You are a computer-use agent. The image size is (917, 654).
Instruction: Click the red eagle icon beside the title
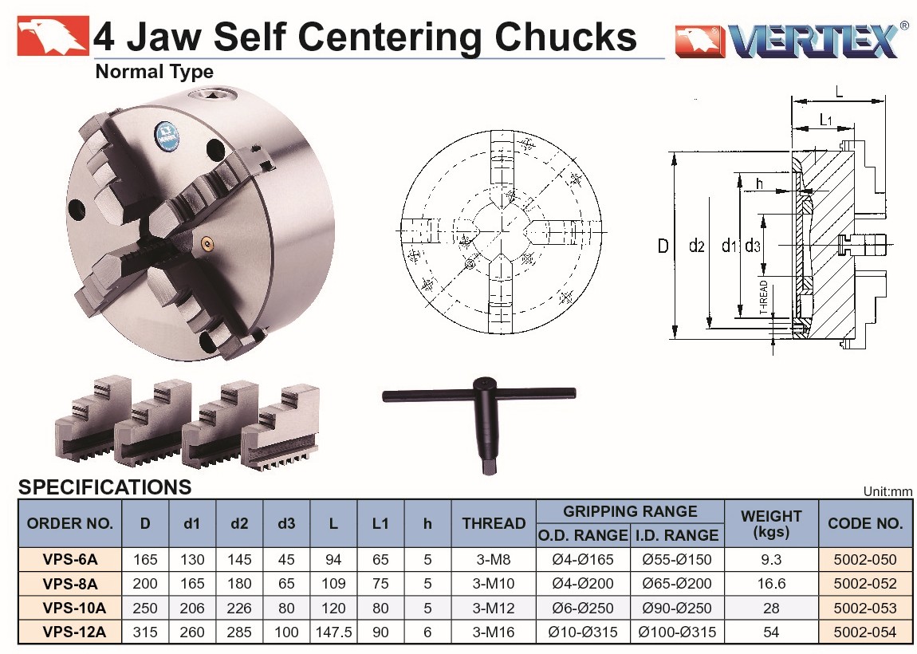pos(53,36)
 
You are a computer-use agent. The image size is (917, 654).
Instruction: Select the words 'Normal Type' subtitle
pos(155,71)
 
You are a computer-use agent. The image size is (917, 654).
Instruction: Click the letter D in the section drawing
pos(663,246)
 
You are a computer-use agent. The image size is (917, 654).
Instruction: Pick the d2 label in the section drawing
pos(697,246)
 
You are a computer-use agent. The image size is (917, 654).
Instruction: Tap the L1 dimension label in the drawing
pos(825,120)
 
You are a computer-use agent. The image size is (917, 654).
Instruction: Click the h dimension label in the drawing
pos(759,183)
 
